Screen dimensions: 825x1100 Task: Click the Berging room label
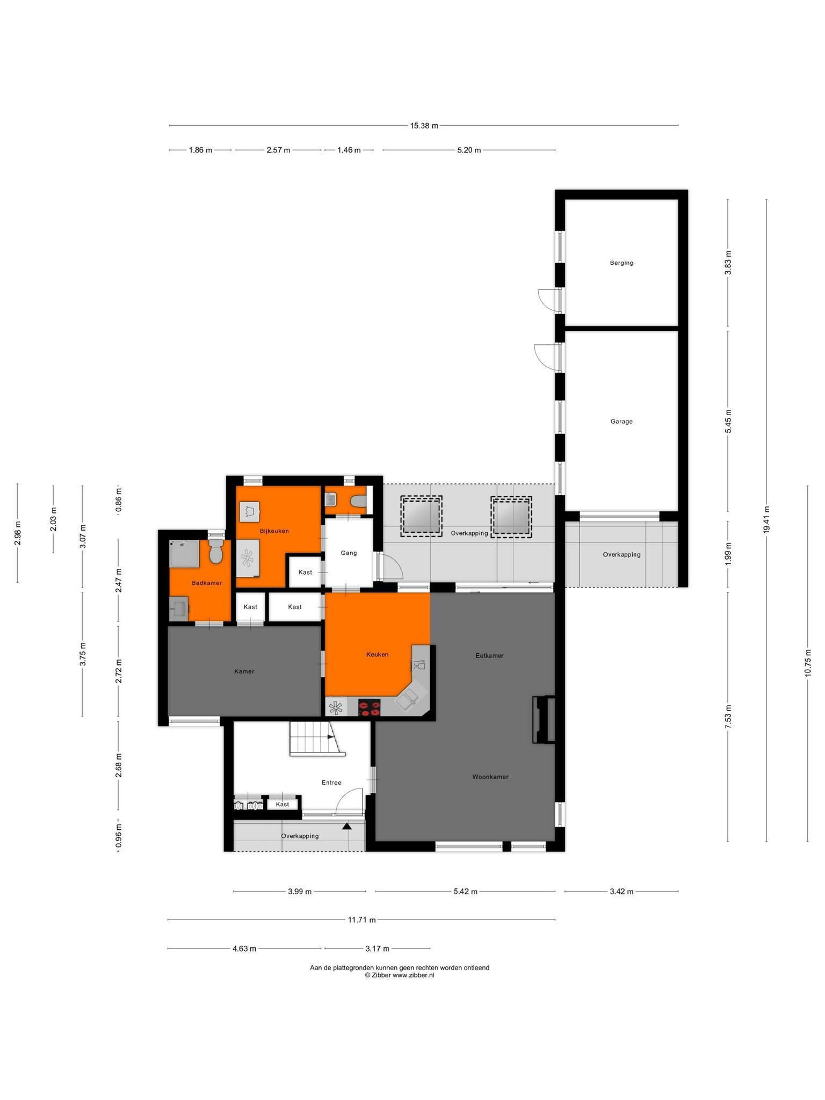click(621, 263)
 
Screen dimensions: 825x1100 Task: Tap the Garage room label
click(621, 422)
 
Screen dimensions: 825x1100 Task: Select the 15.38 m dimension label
click(424, 126)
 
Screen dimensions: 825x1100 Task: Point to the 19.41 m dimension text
click(766, 519)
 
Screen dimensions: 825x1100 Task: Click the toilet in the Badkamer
click(216, 552)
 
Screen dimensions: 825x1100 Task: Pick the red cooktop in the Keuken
click(369, 707)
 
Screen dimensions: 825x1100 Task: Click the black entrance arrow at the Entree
click(347, 826)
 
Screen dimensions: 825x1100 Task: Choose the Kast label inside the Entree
click(283, 805)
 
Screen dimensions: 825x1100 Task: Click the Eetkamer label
click(489, 656)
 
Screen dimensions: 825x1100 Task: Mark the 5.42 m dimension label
click(465, 892)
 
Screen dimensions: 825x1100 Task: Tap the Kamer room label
click(244, 671)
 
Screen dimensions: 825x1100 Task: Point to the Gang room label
click(349, 553)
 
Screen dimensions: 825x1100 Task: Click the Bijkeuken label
click(274, 531)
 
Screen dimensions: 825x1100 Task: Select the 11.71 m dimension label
click(361, 920)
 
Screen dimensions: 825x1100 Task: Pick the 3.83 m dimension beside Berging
click(728, 263)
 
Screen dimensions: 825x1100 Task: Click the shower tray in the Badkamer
click(184, 554)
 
